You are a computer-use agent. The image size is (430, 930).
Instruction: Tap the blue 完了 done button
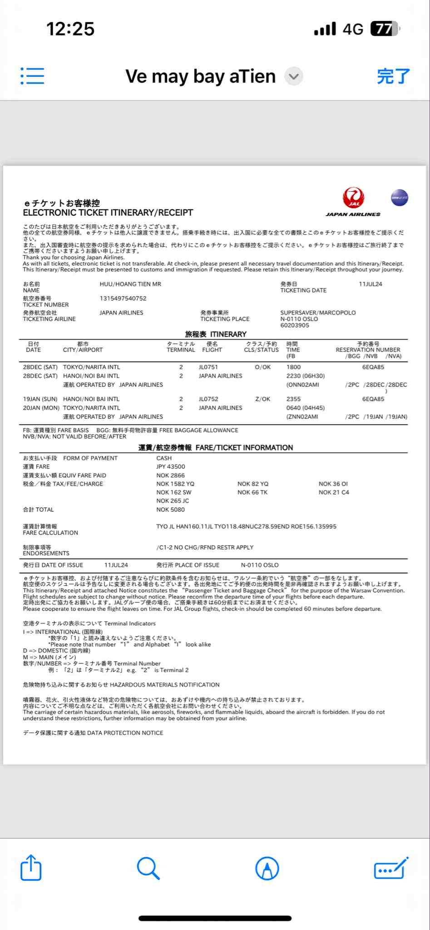[x=393, y=76]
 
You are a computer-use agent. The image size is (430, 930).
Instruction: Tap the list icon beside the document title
[x=32, y=76]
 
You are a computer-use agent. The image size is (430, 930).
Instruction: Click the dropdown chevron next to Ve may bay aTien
[x=294, y=76]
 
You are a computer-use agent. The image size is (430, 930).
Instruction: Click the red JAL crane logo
[x=354, y=198]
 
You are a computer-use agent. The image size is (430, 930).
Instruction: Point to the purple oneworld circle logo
[x=399, y=198]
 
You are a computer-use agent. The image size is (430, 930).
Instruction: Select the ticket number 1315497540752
[x=123, y=298]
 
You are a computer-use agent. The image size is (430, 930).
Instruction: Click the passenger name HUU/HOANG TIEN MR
[x=130, y=284]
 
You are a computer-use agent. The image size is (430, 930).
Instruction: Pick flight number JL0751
[x=208, y=367]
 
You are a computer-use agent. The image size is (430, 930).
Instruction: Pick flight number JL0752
[x=208, y=399]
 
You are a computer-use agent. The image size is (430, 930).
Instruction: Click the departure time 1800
[x=293, y=367]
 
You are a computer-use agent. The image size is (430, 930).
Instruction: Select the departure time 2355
[x=293, y=399]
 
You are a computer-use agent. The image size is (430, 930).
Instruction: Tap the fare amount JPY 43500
[x=171, y=467]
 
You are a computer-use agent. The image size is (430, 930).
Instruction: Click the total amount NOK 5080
[x=170, y=510]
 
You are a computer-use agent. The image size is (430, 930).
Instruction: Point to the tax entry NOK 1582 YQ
[x=175, y=484]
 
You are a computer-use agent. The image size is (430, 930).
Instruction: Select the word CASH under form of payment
[x=164, y=458]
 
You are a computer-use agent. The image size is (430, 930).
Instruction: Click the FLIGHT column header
[x=212, y=350]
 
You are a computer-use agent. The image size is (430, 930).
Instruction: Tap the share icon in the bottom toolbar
[x=31, y=868]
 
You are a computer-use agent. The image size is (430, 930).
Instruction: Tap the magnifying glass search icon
[x=148, y=869]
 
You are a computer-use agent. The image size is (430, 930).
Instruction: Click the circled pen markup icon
[x=267, y=869]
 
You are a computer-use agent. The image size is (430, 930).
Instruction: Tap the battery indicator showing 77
[x=385, y=29]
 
